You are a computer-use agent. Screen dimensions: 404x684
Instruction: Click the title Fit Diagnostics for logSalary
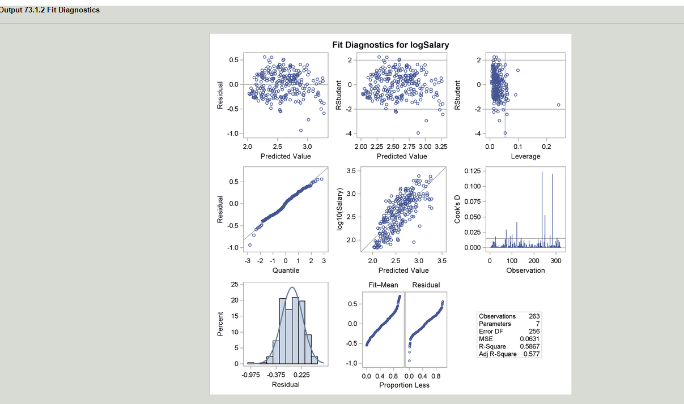pyautogui.click(x=390, y=45)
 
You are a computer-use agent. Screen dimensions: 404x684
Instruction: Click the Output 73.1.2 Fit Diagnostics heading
pyautogui.click(x=50, y=10)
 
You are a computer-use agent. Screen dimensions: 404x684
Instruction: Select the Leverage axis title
pyautogui.click(x=525, y=156)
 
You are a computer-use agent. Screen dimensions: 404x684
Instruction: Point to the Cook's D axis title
pyautogui.click(x=457, y=208)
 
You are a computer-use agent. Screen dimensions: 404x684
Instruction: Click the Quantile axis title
pyautogui.click(x=286, y=270)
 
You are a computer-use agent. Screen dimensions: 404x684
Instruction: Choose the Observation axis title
pyautogui.click(x=525, y=270)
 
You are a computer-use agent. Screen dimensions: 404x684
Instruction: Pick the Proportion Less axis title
pyautogui.click(x=404, y=385)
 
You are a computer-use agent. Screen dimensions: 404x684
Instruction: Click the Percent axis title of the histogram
pyautogui.click(x=220, y=325)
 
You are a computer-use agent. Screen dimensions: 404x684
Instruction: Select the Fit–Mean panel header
pyautogui.click(x=383, y=285)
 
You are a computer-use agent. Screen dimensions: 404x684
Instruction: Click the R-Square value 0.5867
pyautogui.click(x=530, y=346)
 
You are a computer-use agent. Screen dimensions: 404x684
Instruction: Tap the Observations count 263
pyautogui.click(x=534, y=316)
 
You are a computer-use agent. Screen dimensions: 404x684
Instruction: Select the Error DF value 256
pyautogui.click(x=534, y=332)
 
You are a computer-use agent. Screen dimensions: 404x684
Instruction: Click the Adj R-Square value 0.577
pyautogui.click(x=532, y=354)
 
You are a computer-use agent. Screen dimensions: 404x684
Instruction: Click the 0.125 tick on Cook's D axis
pyautogui.click(x=473, y=171)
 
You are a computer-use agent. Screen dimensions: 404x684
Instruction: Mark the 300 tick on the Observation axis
pyautogui.click(x=555, y=261)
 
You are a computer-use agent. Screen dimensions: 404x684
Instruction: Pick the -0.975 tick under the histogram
pyautogui.click(x=251, y=374)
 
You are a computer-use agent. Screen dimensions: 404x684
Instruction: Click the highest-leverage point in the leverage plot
pyautogui.click(x=558, y=105)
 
